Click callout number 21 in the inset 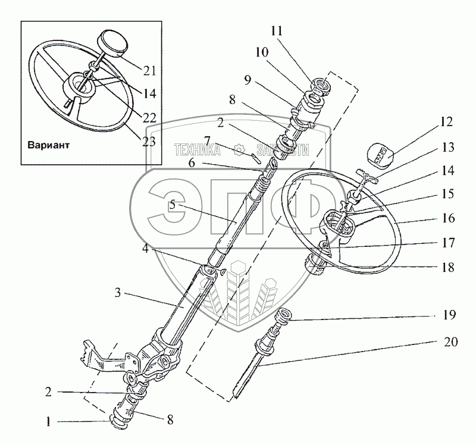pos(149,71)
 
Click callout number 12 pos(447,123)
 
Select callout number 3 pos(118,293)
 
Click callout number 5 pos(172,205)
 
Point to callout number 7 pos(207,140)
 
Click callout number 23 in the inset pos(149,142)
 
